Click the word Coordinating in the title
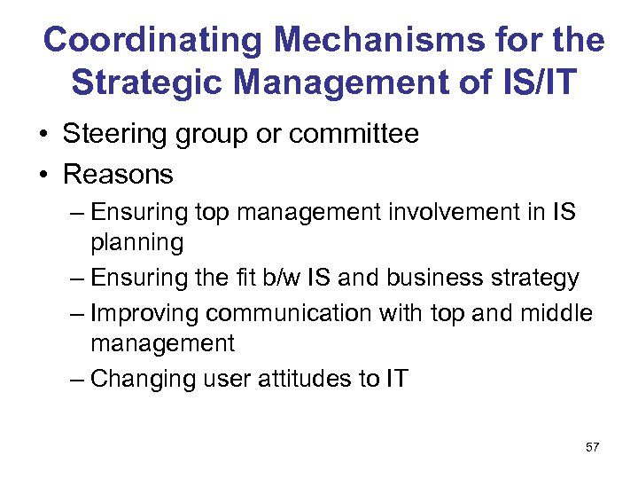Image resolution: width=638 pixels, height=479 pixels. coord(153,40)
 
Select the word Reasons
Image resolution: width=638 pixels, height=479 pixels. coord(118,174)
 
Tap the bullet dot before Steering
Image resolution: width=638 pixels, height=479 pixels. coord(43,135)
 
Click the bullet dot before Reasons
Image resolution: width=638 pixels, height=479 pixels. coord(43,175)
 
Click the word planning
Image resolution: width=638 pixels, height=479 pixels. coord(136,241)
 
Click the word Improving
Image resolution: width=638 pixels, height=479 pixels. coord(148,314)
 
